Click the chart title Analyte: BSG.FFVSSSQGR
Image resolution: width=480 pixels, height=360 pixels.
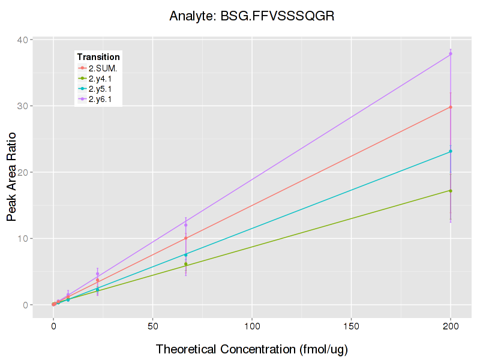click(x=251, y=16)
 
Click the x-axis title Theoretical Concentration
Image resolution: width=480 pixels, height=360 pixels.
click(x=252, y=349)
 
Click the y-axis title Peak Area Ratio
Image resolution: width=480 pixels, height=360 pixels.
click(x=12, y=173)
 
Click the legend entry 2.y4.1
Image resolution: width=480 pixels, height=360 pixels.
click(x=101, y=79)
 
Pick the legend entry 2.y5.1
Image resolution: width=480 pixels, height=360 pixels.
click(x=101, y=89)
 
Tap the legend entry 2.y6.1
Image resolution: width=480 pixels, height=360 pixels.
click(x=101, y=99)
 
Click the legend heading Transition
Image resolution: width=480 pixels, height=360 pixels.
click(x=98, y=57)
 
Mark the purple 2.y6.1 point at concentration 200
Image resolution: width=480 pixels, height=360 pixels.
click(x=451, y=54)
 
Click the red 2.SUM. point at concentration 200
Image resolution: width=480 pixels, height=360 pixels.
click(x=451, y=107)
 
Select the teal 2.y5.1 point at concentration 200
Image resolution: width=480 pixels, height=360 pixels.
click(x=451, y=151)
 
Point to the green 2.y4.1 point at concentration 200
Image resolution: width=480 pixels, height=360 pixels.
click(x=451, y=191)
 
